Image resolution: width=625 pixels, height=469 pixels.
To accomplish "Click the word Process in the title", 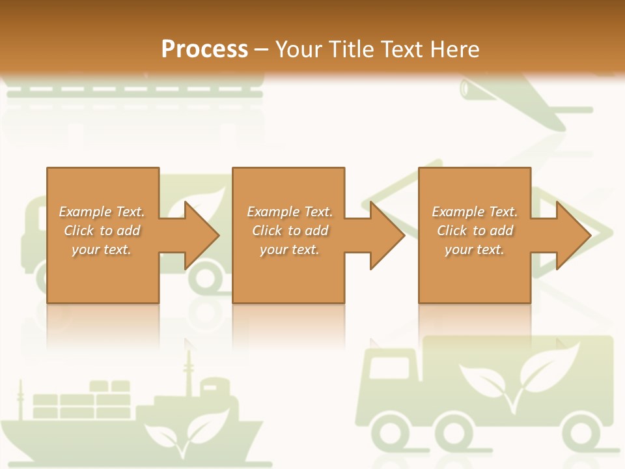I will click(204, 49).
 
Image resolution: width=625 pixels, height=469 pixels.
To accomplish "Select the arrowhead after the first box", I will click(199, 235).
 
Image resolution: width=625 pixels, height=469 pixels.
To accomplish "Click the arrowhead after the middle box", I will click(385, 235).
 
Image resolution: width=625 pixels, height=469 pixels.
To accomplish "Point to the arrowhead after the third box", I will click(571, 235).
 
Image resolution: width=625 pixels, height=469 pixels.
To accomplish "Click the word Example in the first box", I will click(85, 212).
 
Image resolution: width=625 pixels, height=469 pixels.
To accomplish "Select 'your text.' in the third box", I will click(474, 249).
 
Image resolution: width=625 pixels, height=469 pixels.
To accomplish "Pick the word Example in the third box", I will click(458, 212).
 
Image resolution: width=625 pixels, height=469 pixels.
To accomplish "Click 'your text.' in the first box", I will click(101, 249).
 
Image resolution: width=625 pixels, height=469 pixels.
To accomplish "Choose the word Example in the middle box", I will click(273, 212).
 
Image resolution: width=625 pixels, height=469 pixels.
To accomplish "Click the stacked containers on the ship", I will click(81, 401).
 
